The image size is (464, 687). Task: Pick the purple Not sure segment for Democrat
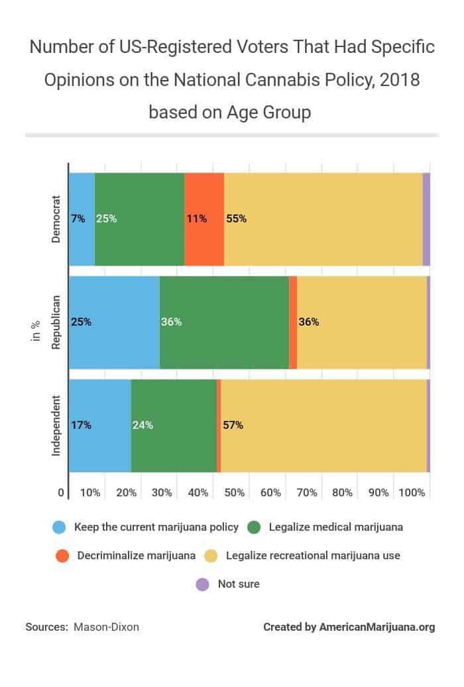point(426,218)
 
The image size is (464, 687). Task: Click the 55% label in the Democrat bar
point(237,218)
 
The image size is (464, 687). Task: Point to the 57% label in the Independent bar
point(233,425)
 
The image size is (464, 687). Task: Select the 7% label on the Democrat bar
point(78,218)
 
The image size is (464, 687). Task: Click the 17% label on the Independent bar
point(81,425)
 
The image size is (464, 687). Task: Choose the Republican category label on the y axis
point(56,322)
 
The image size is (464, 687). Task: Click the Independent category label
point(56,425)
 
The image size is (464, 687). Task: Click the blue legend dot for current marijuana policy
point(60,527)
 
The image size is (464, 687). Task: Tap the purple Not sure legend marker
point(203,584)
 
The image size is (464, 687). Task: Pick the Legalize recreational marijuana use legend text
point(313,555)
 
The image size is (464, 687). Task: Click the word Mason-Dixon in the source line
point(107,627)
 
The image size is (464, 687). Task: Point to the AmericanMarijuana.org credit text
point(377,627)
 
